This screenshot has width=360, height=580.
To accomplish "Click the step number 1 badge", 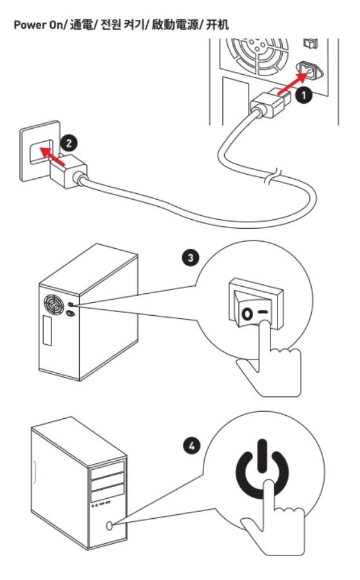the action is (x=303, y=95).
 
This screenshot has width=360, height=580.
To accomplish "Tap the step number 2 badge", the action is (x=69, y=143).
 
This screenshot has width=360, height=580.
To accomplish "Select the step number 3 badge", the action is (x=191, y=257).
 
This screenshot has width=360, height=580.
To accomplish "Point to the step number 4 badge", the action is (x=191, y=446).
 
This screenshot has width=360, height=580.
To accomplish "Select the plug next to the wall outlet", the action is (x=69, y=171).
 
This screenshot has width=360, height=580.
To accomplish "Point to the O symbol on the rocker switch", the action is (x=247, y=314).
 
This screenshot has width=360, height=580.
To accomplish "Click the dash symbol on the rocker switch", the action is (x=263, y=312).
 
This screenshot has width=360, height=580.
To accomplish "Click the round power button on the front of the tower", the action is (x=109, y=526).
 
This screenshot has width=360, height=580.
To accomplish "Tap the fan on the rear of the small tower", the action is (x=54, y=304).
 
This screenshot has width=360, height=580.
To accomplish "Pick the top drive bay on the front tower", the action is (x=108, y=469).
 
